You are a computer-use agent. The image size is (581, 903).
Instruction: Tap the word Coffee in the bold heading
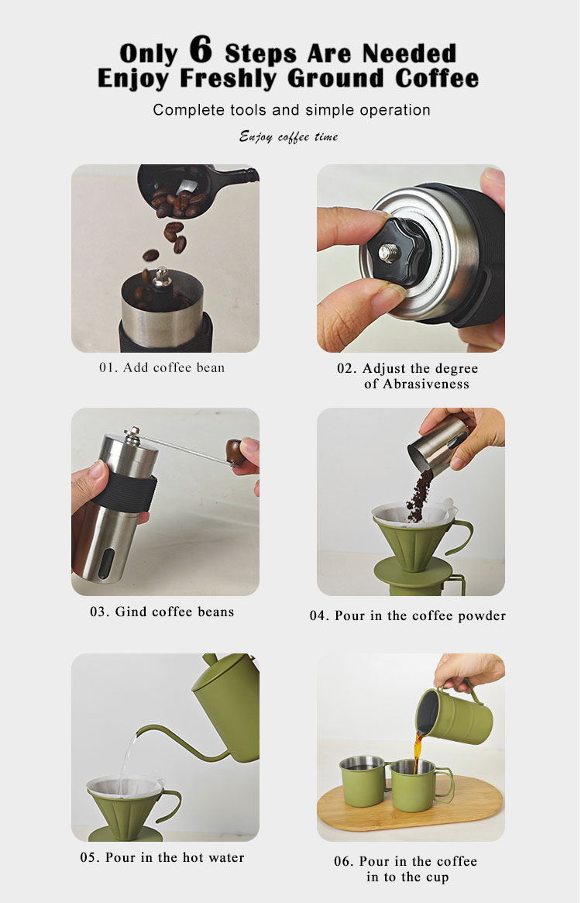click(x=437, y=78)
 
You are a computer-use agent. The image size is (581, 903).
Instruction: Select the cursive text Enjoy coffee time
click(x=288, y=137)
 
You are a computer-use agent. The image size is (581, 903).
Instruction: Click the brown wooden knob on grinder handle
click(x=235, y=451)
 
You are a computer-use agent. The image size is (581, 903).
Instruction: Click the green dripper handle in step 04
click(x=459, y=536)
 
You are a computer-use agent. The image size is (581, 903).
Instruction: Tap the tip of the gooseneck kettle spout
click(x=138, y=731)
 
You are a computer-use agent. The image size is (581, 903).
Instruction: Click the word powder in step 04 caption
click(x=482, y=616)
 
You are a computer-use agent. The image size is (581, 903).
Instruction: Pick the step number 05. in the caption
click(x=91, y=857)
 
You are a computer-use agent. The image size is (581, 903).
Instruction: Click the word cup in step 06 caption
click(x=437, y=877)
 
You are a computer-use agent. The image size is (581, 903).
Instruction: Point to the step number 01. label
click(x=108, y=367)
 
